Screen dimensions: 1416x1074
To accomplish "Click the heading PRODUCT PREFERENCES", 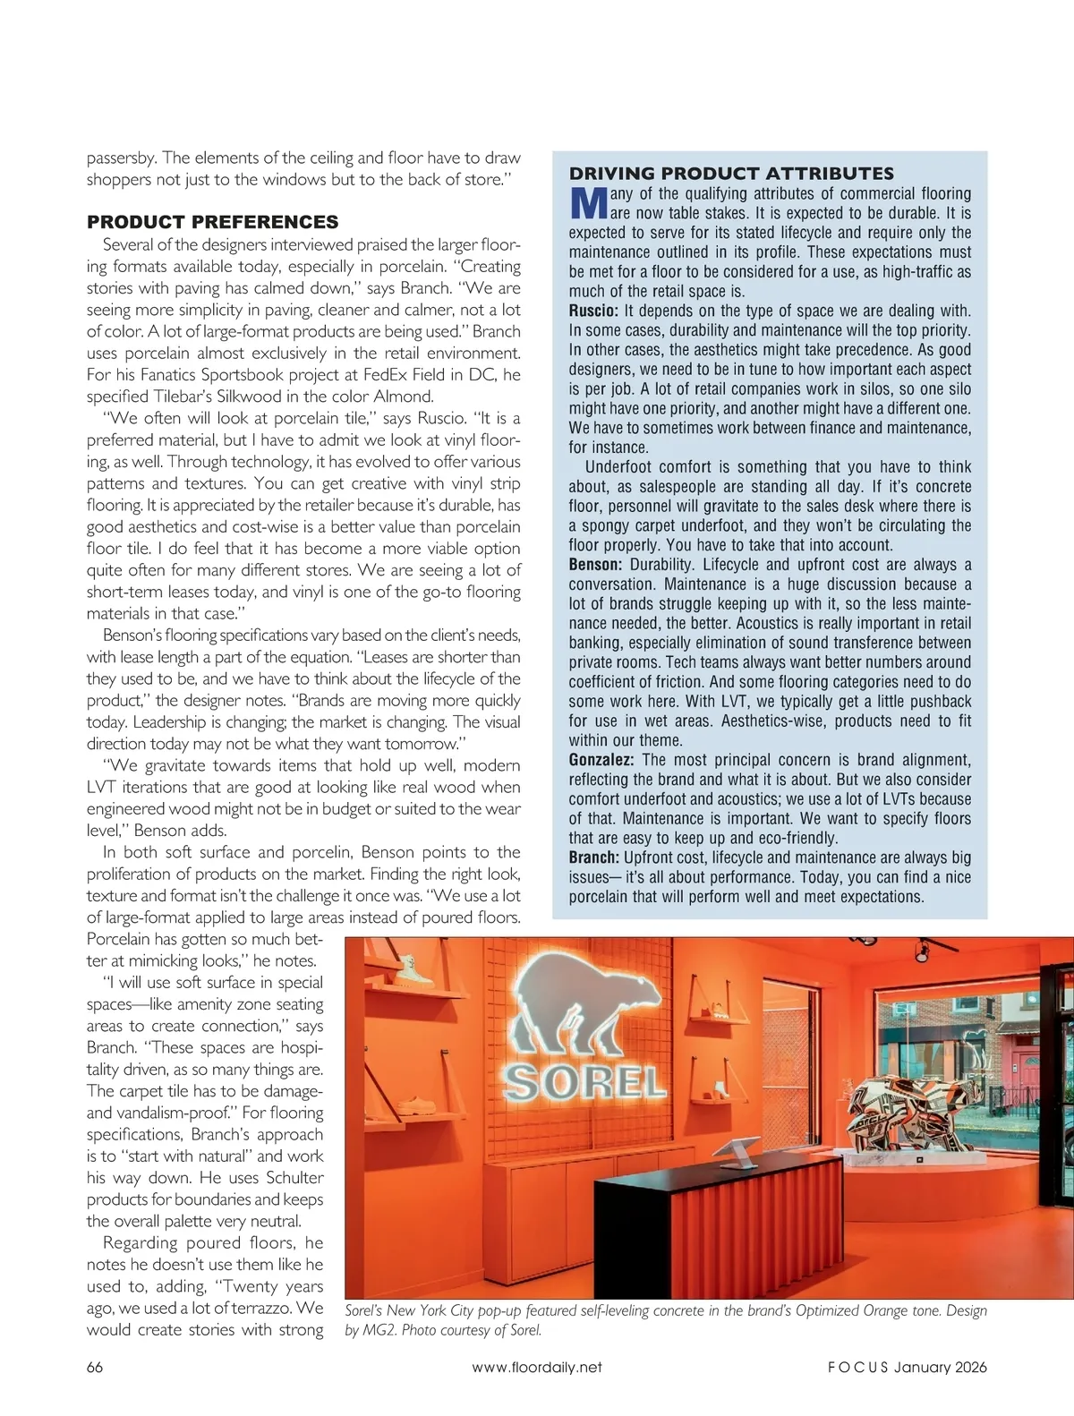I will (x=212, y=222).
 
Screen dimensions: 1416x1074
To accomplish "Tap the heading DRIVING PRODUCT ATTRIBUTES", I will (x=731, y=174).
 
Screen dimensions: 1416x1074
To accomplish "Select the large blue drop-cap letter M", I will (x=588, y=203).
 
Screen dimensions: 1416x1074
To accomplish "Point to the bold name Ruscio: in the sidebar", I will (x=593, y=311).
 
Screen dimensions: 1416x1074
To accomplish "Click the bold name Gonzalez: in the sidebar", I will (x=601, y=760).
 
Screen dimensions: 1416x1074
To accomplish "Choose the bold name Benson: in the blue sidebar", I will (x=595, y=565).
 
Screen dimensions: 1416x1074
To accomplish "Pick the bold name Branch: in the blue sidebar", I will (x=594, y=857).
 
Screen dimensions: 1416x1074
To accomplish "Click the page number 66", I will (x=95, y=1367).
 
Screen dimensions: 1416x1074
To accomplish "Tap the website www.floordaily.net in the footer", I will (x=536, y=1367).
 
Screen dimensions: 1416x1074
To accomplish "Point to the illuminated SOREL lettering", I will (x=585, y=1084).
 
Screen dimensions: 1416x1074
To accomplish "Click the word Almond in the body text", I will (x=404, y=397).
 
